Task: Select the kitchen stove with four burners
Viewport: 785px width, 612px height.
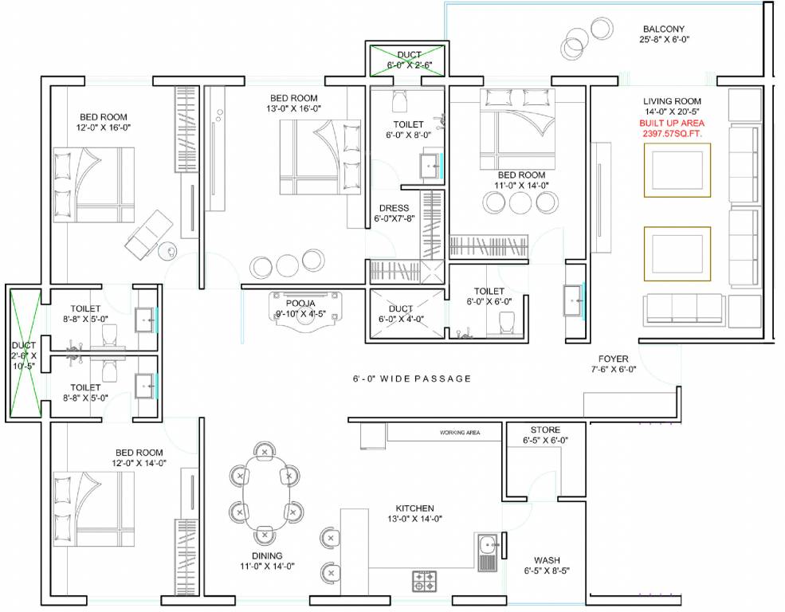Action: [x=423, y=580]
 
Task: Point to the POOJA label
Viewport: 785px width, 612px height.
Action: [x=300, y=304]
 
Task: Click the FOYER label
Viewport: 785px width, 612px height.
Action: [x=614, y=359]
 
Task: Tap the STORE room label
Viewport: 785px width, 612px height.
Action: [x=545, y=430]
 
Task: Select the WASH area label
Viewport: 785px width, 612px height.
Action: [x=547, y=560]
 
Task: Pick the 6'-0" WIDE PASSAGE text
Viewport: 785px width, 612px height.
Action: [x=413, y=379]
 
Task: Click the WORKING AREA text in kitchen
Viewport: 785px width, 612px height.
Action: [x=460, y=433]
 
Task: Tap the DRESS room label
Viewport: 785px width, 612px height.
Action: [x=394, y=209]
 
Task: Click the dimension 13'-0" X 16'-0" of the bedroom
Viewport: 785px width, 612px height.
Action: [x=295, y=109]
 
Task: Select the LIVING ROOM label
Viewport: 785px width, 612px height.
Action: [x=673, y=101]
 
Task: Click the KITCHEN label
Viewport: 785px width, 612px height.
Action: [x=415, y=508]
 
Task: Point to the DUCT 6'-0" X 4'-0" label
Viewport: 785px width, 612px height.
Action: [x=401, y=314]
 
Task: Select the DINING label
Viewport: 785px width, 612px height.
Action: [x=264, y=555]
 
